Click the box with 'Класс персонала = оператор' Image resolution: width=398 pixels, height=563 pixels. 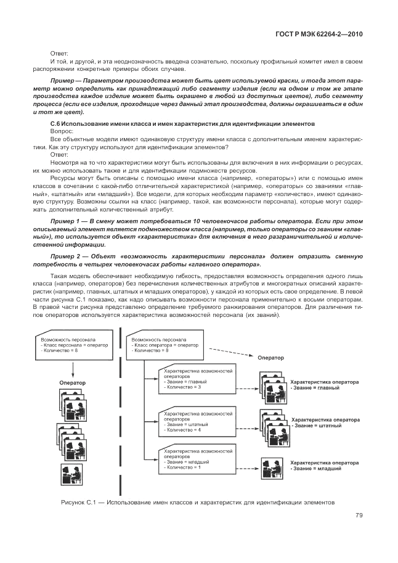[74, 345]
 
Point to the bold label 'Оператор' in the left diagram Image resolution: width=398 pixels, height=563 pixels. [72, 382]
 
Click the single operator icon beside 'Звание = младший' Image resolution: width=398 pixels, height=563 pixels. [269, 464]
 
